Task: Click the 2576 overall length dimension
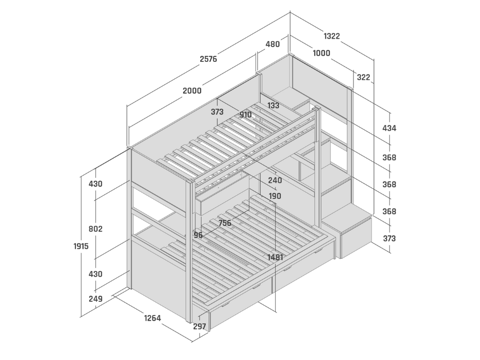click(x=208, y=59)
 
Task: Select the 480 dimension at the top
click(x=272, y=44)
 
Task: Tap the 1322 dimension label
click(x=331, y=36)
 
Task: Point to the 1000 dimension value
click(x=321, y=53)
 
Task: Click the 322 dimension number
click(x=363, y=77)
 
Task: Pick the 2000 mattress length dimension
click(x=192, y=90)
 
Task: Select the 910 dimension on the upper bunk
click(x=246, y=114)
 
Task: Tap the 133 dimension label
click(x=273, y=105)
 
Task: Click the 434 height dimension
click(x=389, y=128)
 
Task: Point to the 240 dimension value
click(x=275, y=180)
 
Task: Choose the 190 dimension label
click(x=275, y=196)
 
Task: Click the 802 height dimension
click(x=96, y=229)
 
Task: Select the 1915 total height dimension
click(x=81, y=246)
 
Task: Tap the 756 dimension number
click(x=225, y=223)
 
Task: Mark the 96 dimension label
click(x=198, y=235)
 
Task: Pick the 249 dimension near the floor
click(x=96, y=298)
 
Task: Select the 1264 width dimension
click(x=152, y=318)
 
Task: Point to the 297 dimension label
click(x=200, y=327)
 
